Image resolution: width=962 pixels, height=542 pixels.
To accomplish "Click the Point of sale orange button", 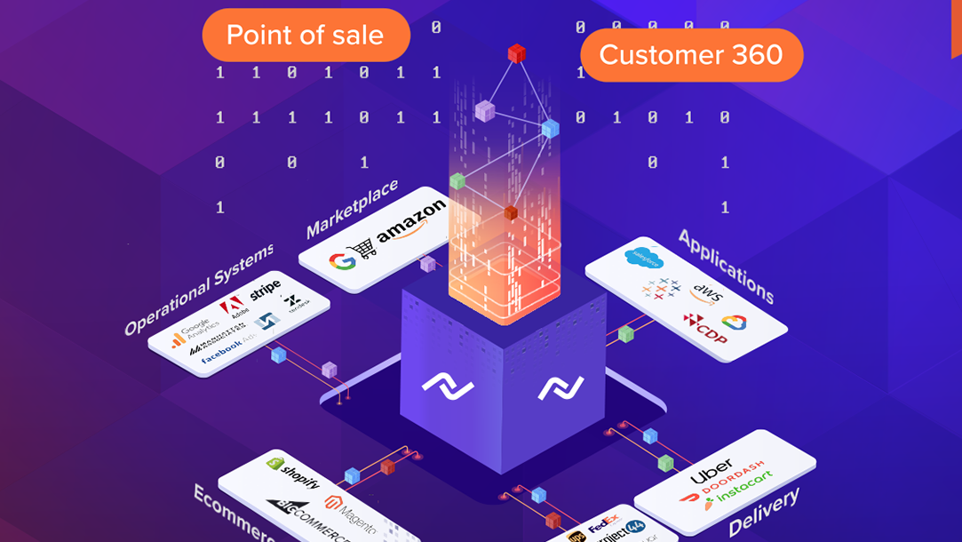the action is (306, 36).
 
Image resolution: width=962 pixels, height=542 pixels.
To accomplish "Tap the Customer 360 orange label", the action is (691, 55).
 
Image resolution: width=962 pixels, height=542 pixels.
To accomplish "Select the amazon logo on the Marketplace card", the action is (410, 221).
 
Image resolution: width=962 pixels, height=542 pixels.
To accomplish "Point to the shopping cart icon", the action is (364, 248).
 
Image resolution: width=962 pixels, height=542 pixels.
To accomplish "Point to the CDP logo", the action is (706, 329).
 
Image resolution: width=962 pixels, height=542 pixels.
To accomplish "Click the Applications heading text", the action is (726, 266).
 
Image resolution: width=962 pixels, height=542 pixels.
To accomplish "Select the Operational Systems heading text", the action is (199, 290).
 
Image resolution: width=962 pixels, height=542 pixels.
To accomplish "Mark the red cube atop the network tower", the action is (516, 53).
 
